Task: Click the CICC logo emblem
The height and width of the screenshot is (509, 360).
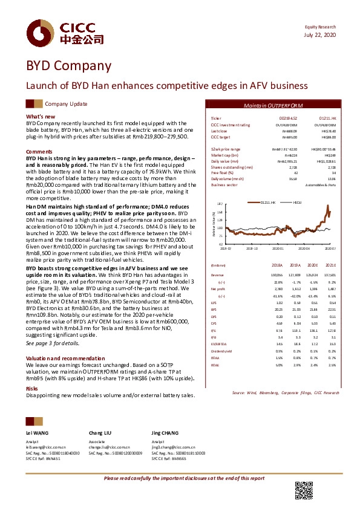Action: [x=35, y=30]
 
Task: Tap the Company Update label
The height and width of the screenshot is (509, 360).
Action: [x=66, y=104]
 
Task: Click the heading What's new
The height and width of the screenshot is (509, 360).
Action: [x=41, y=116]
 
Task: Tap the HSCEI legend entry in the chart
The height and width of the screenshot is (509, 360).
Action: [x=298, y=202]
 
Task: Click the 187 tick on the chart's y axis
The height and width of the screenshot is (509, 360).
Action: [x=221, y=204]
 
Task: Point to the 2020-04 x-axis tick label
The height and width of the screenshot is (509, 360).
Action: [x=312, y=248]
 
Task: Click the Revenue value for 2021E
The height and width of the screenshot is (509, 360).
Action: [x=327, y=274]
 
